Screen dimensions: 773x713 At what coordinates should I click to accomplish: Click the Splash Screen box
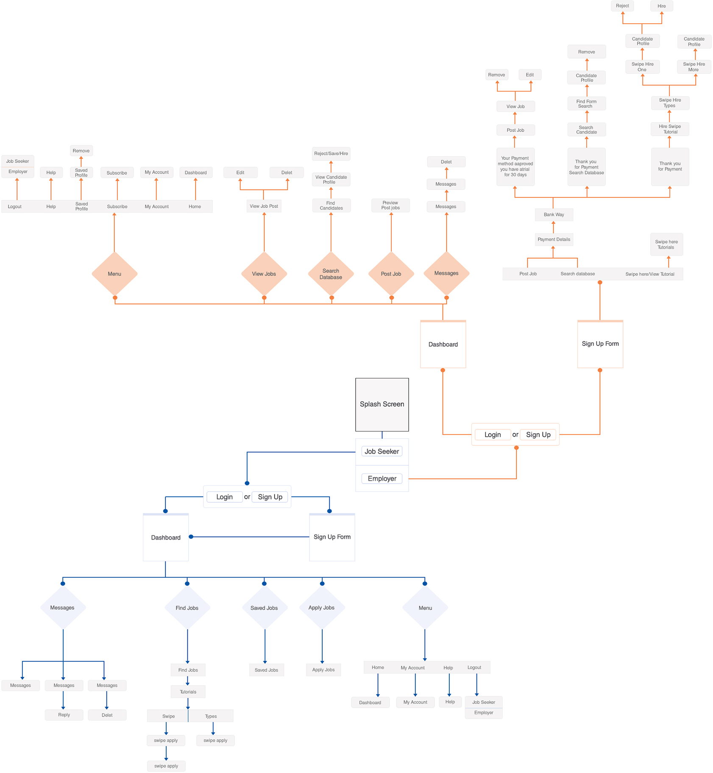[x=382, y=404]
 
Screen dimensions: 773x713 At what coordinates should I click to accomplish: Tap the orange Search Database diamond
[x=331, y=274]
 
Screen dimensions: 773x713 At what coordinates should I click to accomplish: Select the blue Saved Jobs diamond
[x=264, y=608]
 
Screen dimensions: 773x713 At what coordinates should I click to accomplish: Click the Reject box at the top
[x=622, y=6]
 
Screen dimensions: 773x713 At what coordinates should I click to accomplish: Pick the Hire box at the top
[x=661, y=6]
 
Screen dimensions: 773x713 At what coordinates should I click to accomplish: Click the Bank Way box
[x=554, y=215]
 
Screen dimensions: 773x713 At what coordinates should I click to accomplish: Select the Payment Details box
[x=554, y=239]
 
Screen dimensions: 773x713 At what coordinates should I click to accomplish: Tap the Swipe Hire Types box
[x=670, y=103]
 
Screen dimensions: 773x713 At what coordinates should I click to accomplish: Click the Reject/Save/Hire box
[x=331, y=154]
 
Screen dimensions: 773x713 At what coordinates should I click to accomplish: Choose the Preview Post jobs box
[x=390, y=205]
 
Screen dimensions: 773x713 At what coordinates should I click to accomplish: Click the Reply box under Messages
[x=64, y=714]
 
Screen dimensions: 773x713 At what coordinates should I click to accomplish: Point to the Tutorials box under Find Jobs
[x=188, y=692]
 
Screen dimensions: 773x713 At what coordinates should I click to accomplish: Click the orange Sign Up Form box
[x=600, y=344]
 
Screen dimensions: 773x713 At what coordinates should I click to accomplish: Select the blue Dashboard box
[x=165, y=538]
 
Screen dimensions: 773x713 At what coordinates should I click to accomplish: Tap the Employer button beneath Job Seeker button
[x=382, y=479]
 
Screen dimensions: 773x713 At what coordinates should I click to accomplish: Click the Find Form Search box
[x=586, y=104]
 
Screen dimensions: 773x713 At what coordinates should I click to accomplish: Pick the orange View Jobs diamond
[x=264, y=274]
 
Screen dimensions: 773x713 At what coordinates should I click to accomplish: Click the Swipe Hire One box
[x=642, y=67]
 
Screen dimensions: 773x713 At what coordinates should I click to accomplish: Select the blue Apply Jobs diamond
[x=322, y=608]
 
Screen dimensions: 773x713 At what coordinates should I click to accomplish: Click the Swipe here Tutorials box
[x=666, y=244]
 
